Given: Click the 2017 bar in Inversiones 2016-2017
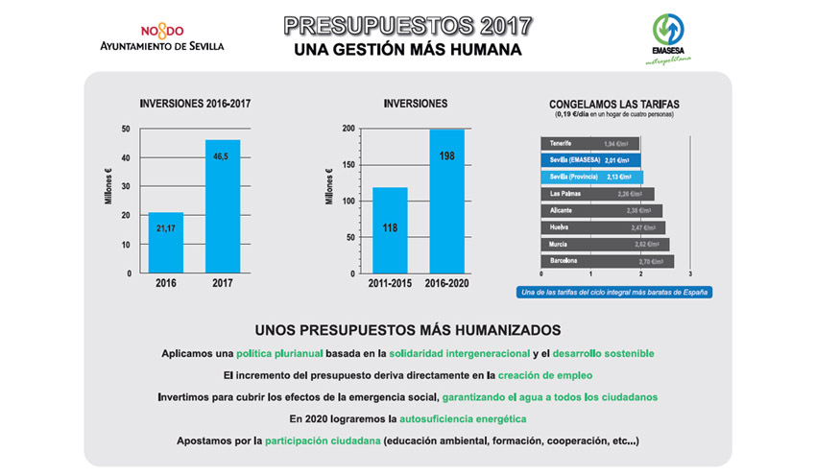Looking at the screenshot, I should tap(223, 206).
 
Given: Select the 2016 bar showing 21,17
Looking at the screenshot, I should tap(165, 242).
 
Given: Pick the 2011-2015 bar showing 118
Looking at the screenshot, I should tap(390, 228).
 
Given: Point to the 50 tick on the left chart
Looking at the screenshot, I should tap(126, 129).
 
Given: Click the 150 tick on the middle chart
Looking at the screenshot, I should tap(347, 165).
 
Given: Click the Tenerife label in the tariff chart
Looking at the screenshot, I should tap(562, 144).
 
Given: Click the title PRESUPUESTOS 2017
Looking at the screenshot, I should tap(408, 24).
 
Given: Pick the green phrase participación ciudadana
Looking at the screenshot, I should tap(320, 441).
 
